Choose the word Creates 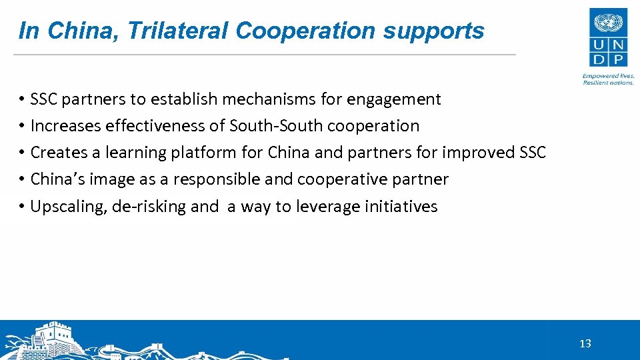pyautogui.click(x=59, y=153)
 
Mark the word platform pyautogui.click(x=203, y=153)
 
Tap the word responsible pyautogui.click(x=217, y=179)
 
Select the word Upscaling pyautogui.click(x=69, y=206)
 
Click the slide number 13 pyautogui.click(x=585, y=344)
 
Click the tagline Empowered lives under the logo pyautogui.click(x=608, y=77)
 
